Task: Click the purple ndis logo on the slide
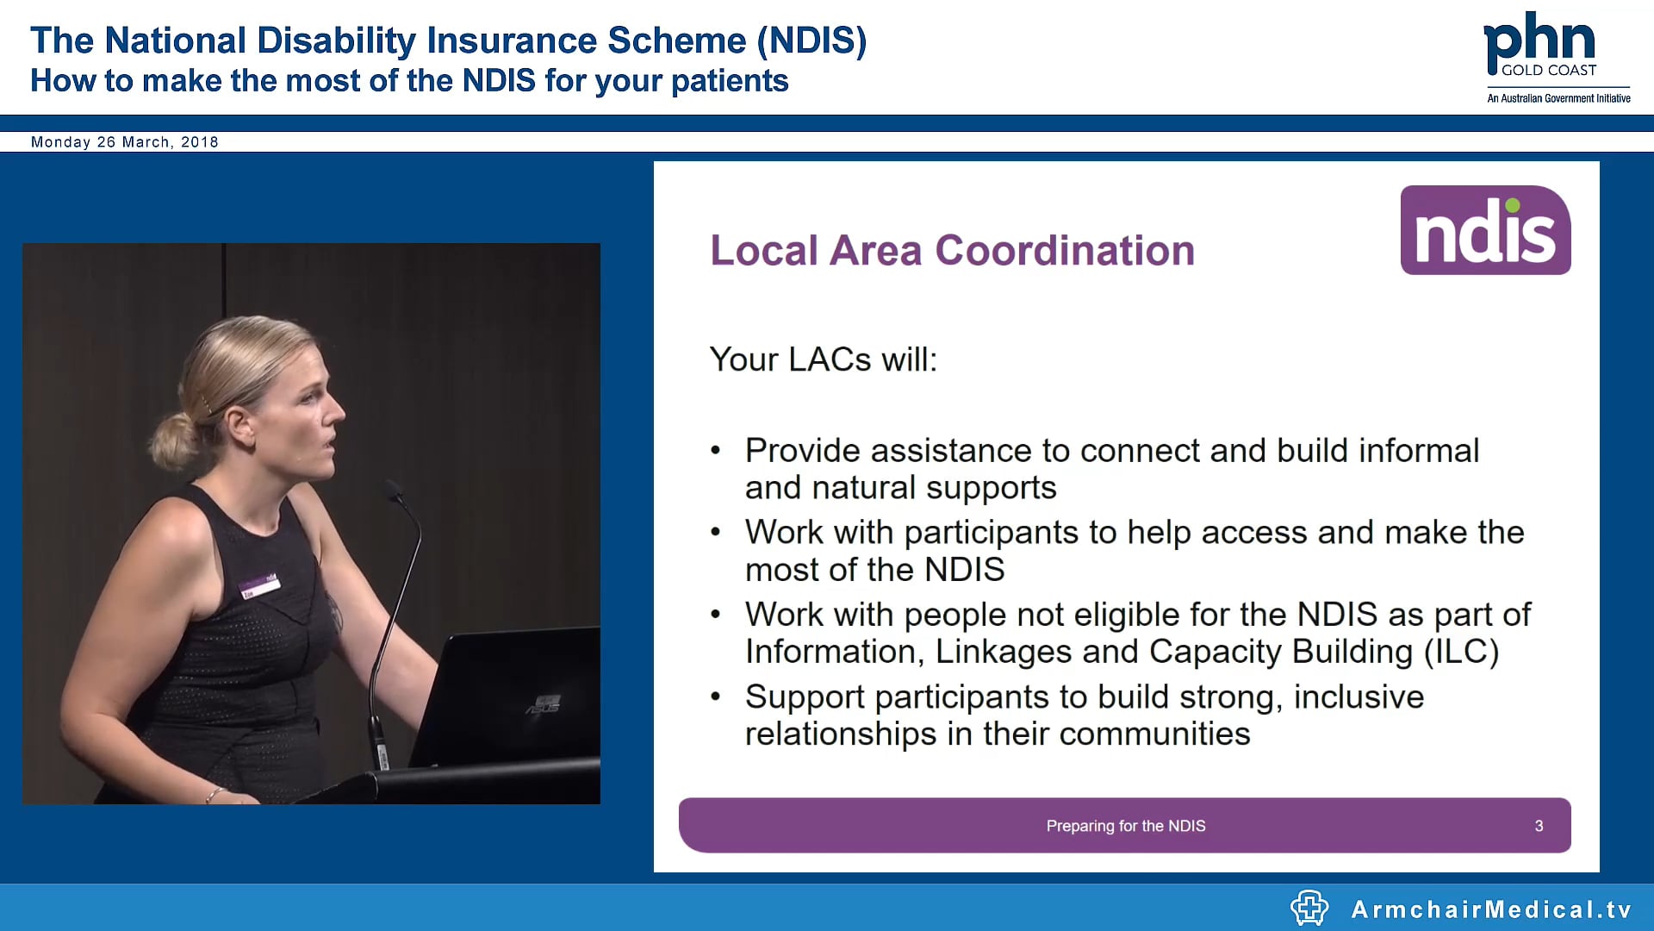click(1485, 230)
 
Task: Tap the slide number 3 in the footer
click(1539, 826)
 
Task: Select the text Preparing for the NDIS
click(1125, 826)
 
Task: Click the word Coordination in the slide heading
click(1065, 251)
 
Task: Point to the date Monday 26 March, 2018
click(125, 142)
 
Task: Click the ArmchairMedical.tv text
click(1491, 909)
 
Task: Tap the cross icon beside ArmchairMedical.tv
click(1309, 908)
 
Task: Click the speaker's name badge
click(259, 585)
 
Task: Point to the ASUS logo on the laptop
click(543, 704)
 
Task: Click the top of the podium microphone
click(394, 490)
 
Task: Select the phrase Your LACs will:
click(823, 359)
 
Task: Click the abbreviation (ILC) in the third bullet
click(1461, 652)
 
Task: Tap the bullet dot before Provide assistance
click(715, 451)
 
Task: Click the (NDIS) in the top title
click(811, 41)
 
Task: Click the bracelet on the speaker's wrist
click(213, 793)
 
